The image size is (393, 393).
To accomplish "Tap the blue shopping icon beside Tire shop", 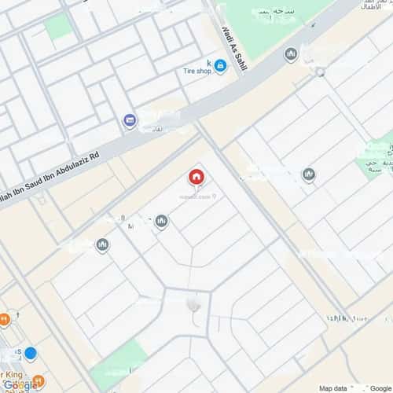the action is (x=220, y=67).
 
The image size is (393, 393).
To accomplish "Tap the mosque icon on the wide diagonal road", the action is (x=291, y=54).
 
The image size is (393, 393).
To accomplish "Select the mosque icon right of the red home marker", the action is (x=309, y=174).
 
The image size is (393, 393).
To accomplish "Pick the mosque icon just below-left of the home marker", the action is (x=161, y=222).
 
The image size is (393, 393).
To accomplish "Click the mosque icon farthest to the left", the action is (x=102, y=245).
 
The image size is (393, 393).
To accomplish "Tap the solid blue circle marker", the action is (x=30, y=353).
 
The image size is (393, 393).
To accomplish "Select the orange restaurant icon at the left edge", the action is (x=5, y=318).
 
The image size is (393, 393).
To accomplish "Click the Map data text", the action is (x=333, y=387).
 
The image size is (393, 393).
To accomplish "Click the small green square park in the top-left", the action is (x=57, y=28).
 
